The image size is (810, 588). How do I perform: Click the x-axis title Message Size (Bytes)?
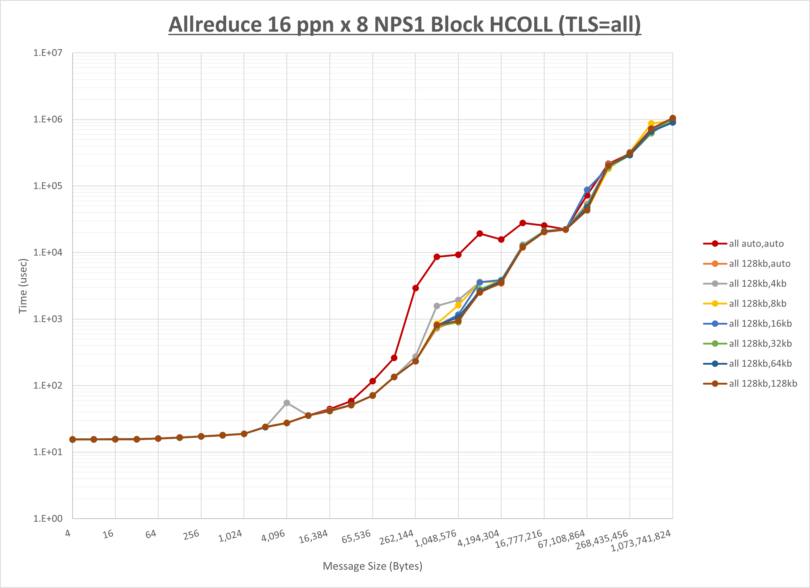[373, 566]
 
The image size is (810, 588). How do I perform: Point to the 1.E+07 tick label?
[48, 53]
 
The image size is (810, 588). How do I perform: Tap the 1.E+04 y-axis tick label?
[48, 253]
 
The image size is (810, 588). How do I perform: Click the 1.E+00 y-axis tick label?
[48, 518]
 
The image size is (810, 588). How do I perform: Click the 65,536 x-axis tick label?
[356, 537]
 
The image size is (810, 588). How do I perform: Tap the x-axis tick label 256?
[191, 535]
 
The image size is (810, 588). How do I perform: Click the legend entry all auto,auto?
[756, 244]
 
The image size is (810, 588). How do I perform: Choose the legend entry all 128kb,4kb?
[757, 284]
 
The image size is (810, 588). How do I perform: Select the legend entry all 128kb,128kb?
[763, 384]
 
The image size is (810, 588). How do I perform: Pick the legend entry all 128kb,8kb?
[757, 304]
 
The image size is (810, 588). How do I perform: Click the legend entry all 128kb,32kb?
[760, 343]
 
